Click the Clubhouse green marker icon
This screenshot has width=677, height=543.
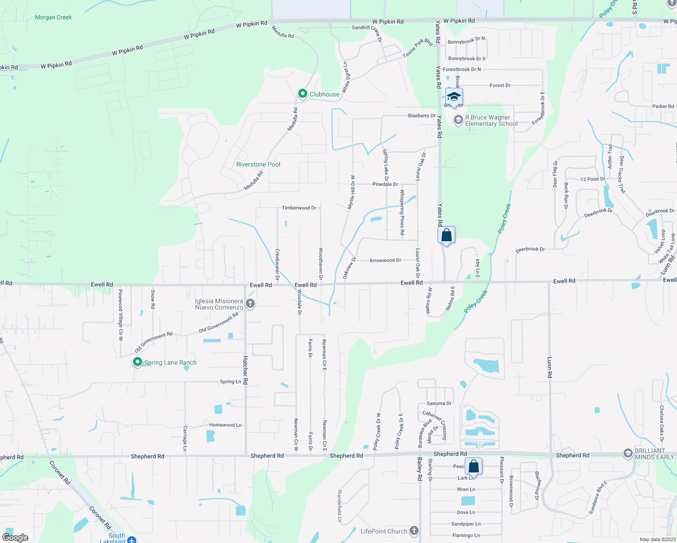[x=302, y=94]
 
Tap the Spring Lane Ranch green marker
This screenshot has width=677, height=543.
[x=137, y=362]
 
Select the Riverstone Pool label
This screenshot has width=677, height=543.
[x=258, y=164]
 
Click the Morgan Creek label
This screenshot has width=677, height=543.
[x=53, y=17]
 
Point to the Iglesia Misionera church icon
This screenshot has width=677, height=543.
[x=250, y=304]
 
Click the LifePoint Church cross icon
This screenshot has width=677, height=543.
[x=414, y=531]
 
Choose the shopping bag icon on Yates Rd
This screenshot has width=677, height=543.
[x=446, y=235]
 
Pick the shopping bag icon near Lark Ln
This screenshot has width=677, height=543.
[x=473, y=466]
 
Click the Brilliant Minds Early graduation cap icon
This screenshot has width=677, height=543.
[x=628, y=453]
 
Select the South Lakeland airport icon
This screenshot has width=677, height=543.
[x=132, y=540]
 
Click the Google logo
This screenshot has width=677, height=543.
[x=15, y=538]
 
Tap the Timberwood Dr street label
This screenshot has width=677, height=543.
[x=299, y=208]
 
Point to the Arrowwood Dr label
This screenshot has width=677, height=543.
[x=385, y=260]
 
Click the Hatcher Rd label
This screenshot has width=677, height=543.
[x=245, y=370]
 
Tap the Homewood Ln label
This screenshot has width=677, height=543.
[x=225, y=425]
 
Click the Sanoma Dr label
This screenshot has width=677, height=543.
[x=439, y=403]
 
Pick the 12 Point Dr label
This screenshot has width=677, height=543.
[x=592, y=179]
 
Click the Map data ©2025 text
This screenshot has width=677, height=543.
[x=657, y=539]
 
